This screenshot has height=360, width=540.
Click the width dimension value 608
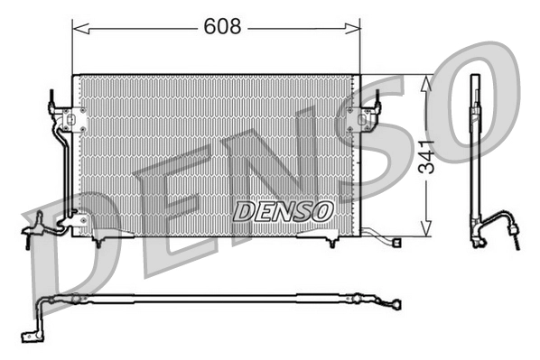pyautogui.click(x=221, y=28)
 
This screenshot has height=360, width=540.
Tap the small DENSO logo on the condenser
pyautogui.click(x=284, y=210)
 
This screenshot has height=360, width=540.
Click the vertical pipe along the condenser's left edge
pyautogui.click(x=64, y=171)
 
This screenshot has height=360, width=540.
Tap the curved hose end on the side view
pyautogui.click(x=512, y=233)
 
